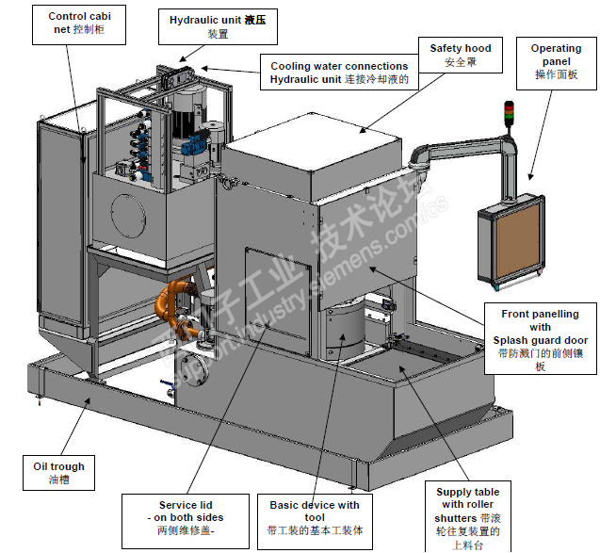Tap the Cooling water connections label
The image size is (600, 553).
(x=339, y=73)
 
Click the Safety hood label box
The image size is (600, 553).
(x=460, y=55)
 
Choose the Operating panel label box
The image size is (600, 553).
(x=556, y=61)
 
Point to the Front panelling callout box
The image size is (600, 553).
(x=541, y=340)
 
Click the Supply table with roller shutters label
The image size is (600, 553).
(x=468, y=517)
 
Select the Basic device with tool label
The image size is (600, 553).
(x=315, y=516)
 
